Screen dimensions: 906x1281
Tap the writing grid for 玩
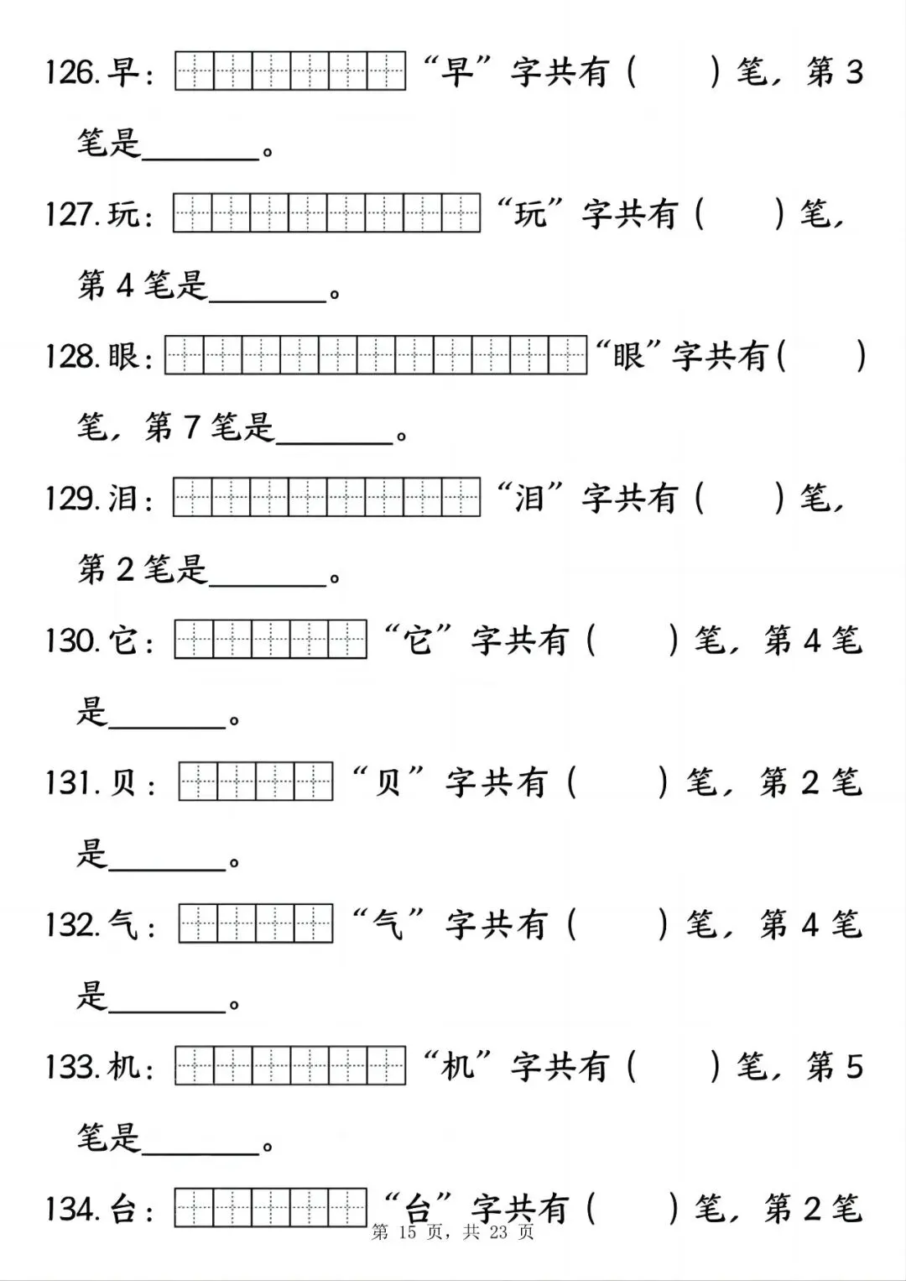pos(326,213)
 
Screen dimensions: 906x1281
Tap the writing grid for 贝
pos(256,782)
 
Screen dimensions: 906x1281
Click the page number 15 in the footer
pos(409,1232)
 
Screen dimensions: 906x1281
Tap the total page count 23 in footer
pos(499,1232)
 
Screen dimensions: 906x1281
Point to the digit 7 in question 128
pos(190,427)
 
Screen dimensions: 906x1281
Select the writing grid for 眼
pos(376,356)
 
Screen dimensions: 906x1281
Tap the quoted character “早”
pos(458,73)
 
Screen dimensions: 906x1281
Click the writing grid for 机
pos(290,1066)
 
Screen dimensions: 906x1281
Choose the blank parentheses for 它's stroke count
pos(632,641)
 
